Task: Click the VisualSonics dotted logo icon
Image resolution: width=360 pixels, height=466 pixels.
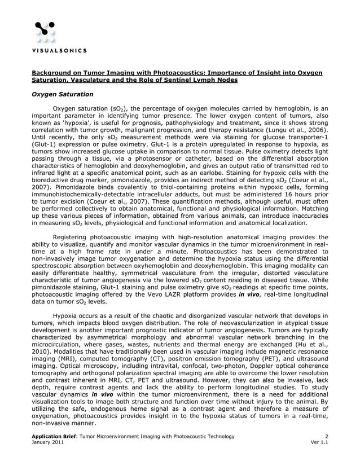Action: click(x=45, y=33)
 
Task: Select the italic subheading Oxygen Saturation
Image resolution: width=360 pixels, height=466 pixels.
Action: click(x=62, y=94)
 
